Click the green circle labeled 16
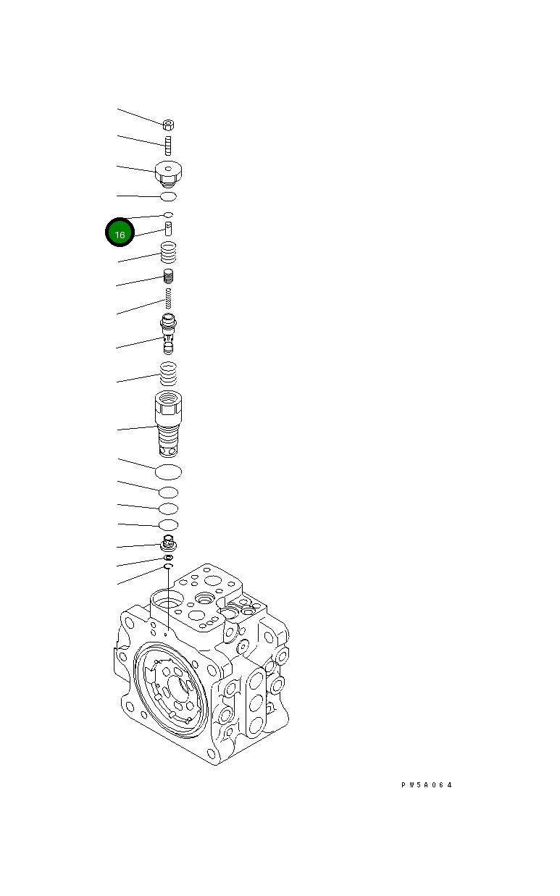click(x=120, y=233)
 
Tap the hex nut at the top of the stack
click(x=168, y=125)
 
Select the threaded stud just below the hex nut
click(x=168, y=146)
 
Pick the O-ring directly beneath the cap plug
click(x=168, y=196)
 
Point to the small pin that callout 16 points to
click(x=168, y=230)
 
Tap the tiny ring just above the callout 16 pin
click(x=168, y=214)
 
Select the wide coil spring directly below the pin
click(x=168, y=253)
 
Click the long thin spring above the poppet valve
click(x=168, y=297)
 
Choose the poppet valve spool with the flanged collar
click(x=168, y=332)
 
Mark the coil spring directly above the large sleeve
click(x=168, y=374)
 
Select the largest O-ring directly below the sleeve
click(x=168, y=472)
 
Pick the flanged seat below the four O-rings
click(x=168, y=543)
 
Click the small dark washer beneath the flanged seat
click(x=168, y=558)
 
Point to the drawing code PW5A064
click(x=427, y=784)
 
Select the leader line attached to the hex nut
click(x=141, y=117)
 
